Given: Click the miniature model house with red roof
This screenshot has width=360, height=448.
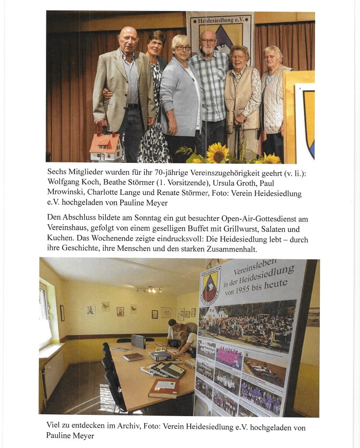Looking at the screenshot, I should coord(105,147).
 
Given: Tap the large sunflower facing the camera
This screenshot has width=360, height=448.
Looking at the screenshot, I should coord(217,153).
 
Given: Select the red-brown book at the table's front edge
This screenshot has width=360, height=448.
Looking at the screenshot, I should coord(163,387).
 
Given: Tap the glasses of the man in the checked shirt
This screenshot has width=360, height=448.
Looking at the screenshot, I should coord(208,41).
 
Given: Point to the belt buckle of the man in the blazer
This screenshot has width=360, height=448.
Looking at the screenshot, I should coord(130,105).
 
